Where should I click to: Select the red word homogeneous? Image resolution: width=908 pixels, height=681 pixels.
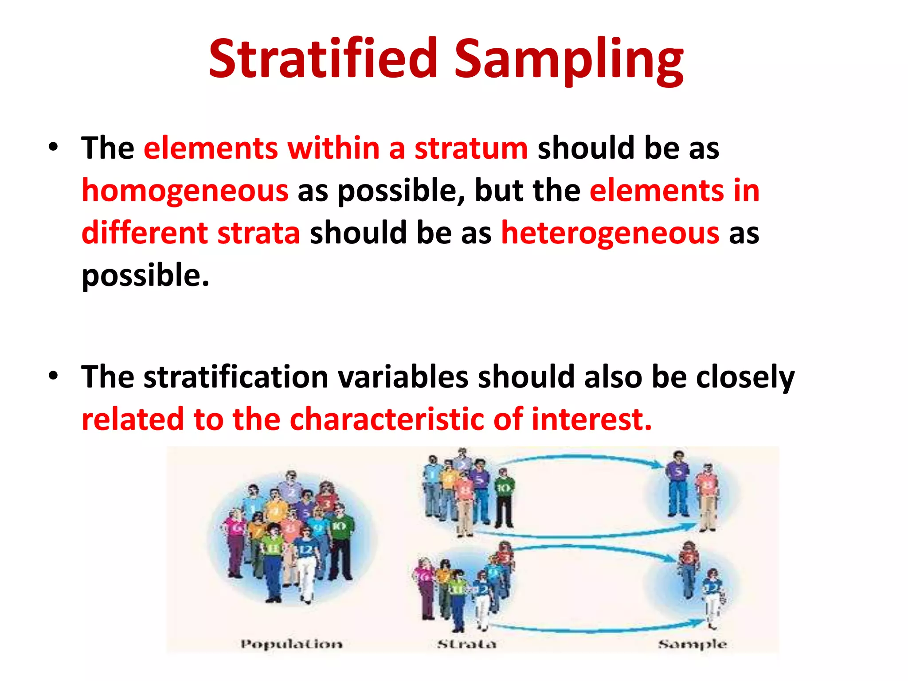point(185,191)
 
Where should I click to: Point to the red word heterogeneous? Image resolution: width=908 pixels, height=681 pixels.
point(610,233)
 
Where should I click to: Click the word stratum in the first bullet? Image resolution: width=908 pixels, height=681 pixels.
point(471,148)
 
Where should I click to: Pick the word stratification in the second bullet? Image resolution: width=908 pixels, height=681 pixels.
point(235,377)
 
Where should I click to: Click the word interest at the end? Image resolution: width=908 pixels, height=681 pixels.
point(591,419)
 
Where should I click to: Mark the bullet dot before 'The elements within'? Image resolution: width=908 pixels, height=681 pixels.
point(54,147)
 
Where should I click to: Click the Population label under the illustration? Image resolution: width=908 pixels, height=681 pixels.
point(291,644)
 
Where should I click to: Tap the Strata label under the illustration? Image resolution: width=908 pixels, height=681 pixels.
point(466,644)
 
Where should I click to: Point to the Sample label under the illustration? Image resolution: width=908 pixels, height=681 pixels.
point(692,644)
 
